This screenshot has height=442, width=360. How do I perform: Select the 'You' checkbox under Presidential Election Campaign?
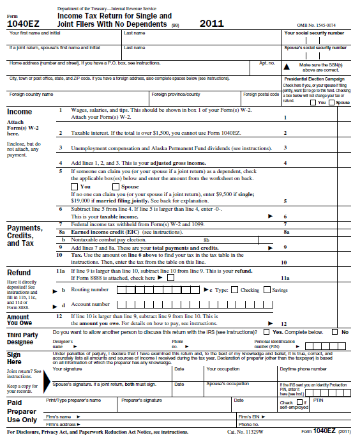click(313, 102)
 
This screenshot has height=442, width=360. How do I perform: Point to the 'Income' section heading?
click(19, 112)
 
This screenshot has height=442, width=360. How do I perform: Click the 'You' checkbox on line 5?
click(75, 187)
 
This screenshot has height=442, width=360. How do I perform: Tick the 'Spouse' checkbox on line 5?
click(107, 187)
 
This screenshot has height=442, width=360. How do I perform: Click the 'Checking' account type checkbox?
click(235, 290)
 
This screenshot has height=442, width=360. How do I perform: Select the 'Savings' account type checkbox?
click(267, 290)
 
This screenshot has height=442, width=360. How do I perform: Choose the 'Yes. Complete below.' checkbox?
click(267, 333)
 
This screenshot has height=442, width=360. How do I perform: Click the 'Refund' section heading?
click(19, 273)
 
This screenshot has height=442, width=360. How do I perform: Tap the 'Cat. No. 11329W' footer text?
click(245, 432)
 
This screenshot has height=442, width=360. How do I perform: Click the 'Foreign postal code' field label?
click(260, 95)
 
